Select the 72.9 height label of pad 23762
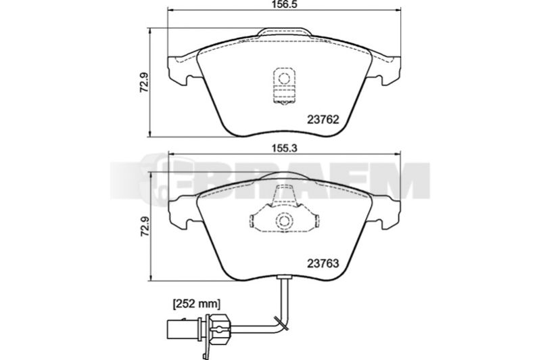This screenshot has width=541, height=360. click(x=144, y=82)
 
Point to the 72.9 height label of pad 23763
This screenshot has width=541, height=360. click(x=144, y=226)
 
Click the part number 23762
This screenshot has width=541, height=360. click(x=323, y=120)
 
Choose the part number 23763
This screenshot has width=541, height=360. click(x=323, y=264)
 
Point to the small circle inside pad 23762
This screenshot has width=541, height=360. click(x=284, y=78)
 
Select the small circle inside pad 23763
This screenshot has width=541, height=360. click(x=284, y=221)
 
